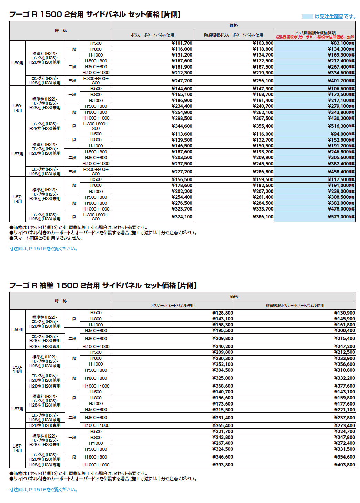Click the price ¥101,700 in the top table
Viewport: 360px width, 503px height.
point(182,43)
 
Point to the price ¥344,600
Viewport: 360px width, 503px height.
point(182,126)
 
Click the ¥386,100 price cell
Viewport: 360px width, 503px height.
point(263,217)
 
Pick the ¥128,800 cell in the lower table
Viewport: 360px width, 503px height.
point(223,313)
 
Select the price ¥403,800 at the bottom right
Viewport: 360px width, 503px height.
point(344,465)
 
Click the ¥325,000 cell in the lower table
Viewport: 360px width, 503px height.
point(223,378)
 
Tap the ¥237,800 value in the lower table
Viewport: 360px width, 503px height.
point(344,418)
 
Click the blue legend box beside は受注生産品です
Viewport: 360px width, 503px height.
point(307,17)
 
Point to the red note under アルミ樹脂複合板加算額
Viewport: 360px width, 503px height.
point(315,37)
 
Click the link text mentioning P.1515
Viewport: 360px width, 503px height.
point(43,249)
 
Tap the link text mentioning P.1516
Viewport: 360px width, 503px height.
point(43,490)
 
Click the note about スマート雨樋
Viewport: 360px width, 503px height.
point(46,238)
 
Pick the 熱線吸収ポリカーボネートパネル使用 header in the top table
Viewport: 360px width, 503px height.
point(233,35)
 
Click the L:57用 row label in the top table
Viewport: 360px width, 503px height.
point(17,154)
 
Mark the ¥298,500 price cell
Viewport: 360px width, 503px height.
point(182,118)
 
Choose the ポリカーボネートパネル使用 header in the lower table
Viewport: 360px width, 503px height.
point(173,305)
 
